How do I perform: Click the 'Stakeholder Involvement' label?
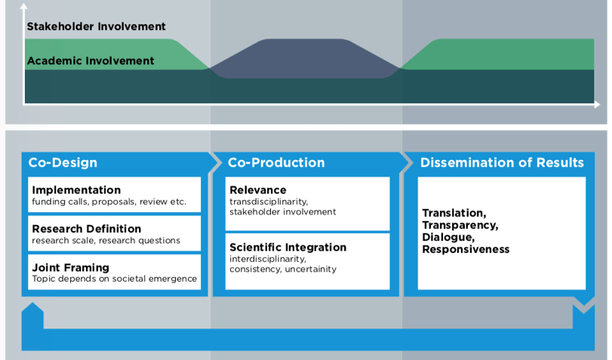96,26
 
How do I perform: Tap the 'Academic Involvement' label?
90,61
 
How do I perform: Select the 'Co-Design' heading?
63,162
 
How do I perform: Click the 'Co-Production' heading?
276,162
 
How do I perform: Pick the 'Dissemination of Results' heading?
502,162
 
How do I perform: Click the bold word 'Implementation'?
76,190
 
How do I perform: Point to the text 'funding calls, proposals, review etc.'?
109,202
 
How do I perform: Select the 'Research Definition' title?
86,229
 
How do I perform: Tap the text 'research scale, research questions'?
106,241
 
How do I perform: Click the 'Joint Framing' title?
70,267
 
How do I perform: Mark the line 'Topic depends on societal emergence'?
114,279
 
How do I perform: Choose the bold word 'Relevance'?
258,190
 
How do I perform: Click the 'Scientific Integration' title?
288,247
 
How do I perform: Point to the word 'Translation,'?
454,213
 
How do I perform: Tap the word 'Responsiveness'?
466,250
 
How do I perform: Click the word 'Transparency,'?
460,225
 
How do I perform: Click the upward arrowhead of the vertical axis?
24,7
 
